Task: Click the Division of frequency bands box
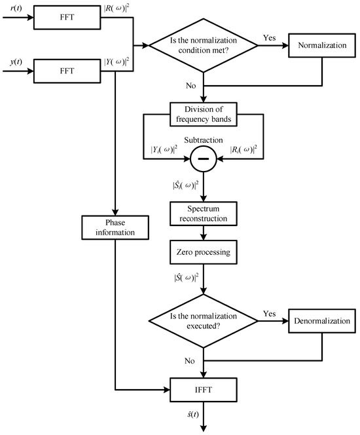(x=205, y=113)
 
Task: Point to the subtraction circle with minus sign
(x=205, y=158)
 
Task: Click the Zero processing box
(x=205, y=251)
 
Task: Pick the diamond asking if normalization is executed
(x=205, y=322)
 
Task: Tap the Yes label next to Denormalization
(x=268, y=313)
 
